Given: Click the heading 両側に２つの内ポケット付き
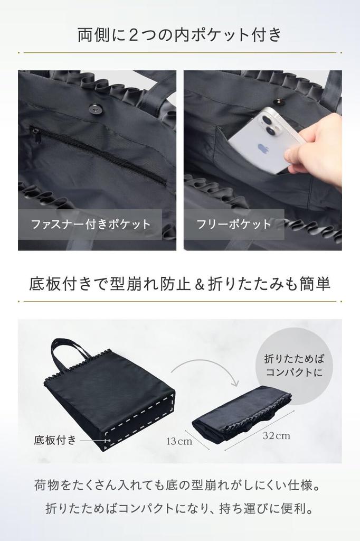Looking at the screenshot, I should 179,35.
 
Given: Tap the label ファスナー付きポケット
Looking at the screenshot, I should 90,224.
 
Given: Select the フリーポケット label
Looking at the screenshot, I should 234,224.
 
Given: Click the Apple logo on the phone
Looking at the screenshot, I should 262,148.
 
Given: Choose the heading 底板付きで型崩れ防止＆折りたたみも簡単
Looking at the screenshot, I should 179,284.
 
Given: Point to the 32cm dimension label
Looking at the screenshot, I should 276,436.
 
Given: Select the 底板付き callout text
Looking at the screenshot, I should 55,440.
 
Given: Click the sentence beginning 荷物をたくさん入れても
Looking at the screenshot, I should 179,484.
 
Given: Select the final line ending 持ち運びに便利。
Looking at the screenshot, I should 179,509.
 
